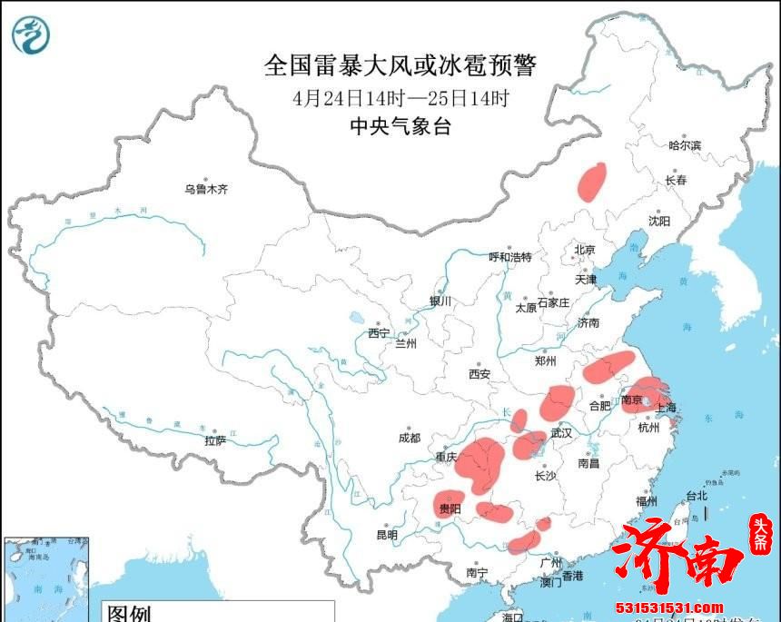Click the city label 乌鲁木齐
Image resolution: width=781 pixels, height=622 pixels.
[x=206, y=189]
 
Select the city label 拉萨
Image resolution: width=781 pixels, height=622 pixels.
[x=214, y=440]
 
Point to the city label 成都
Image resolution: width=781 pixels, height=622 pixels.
[x=410, y=438]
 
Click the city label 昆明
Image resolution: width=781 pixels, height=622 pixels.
[x=386, y=535]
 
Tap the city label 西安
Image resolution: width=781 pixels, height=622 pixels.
[x=479, y=373]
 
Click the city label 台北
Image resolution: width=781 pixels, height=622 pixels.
[x=695, y=496]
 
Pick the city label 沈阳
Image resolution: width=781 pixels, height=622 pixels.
[x=659, y=221]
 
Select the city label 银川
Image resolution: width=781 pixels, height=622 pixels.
[x=440, y=301]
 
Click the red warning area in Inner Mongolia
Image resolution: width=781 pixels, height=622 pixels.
[x=592, y=181]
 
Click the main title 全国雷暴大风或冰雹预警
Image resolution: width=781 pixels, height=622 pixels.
[x=400, y=65]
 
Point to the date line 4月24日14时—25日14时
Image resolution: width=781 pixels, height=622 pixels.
[x=400, y=98]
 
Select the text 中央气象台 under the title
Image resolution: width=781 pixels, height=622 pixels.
[x=400, y=127]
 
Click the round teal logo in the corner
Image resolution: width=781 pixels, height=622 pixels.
[x=31, y=35]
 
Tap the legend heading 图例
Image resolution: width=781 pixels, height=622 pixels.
[x=128, y=613]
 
